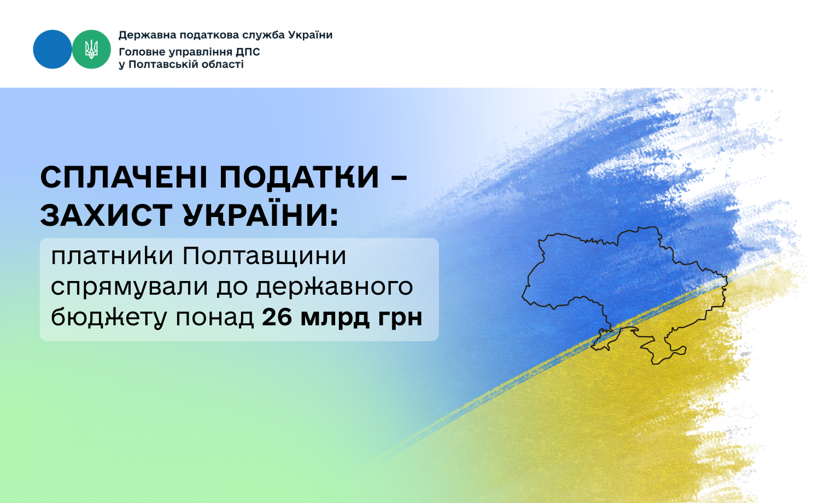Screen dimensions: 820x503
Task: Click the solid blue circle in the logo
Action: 52,49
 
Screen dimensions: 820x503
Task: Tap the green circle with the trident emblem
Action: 91,49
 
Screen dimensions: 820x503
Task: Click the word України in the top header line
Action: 310,35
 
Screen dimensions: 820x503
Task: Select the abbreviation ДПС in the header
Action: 248,51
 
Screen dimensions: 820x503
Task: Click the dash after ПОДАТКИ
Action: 399,178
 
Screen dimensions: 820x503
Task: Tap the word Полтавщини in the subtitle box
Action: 264,256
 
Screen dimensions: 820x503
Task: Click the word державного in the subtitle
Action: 335,286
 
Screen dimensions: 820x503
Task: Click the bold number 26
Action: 277,317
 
